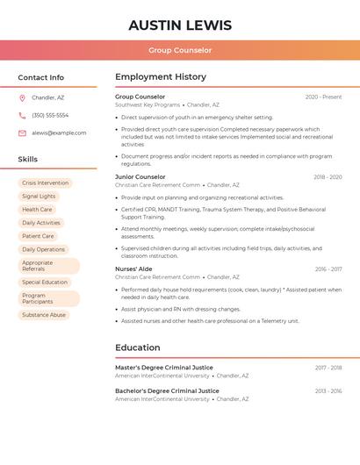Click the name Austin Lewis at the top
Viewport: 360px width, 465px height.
point(180,25)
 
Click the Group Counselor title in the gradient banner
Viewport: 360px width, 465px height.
point(180,50)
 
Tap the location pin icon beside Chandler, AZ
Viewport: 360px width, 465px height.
point(22,98)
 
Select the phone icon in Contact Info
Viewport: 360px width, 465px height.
point(22,115)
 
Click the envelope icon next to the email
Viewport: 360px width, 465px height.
point(22,132)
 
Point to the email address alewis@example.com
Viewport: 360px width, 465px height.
point(59,132)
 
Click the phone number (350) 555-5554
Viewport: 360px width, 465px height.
point(50,115)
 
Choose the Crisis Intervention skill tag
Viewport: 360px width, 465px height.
point(45,183)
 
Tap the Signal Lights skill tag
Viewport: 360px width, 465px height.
point(39,197)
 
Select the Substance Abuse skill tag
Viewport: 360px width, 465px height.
point(44,315)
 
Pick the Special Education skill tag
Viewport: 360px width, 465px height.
point(45,283)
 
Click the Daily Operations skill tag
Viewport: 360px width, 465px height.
point(44,249)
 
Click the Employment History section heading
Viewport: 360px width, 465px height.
point(161,77)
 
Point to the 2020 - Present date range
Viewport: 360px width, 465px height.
point(323,97)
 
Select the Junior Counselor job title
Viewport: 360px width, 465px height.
point(140,177)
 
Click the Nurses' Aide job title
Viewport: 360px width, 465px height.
point(133,268)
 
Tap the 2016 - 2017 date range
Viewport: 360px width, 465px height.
point(328,269)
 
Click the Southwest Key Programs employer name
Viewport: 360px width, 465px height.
point(148,104)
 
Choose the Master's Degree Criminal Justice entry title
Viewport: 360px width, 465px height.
point(164,368)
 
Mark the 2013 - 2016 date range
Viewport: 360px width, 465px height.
point(328,391)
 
